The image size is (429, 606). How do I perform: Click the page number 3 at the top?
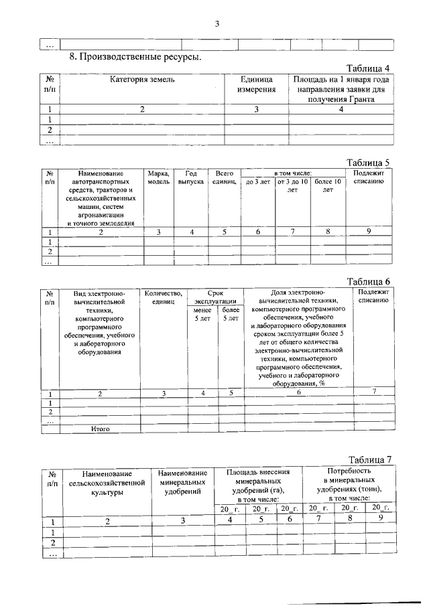click(217, 24)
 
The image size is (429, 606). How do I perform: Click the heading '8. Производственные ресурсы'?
click(135, 58)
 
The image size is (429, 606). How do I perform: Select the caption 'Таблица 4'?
click(367, 68)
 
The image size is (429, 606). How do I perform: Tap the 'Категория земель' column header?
click(142, 80)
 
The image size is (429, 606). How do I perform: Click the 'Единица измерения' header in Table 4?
click(257, 84)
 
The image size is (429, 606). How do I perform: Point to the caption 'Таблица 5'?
click(367, 162)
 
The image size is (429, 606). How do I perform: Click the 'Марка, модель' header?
click(159, 177)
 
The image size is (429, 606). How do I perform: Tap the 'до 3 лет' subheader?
click(258, 181)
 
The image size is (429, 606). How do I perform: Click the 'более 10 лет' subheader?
click(328, 185)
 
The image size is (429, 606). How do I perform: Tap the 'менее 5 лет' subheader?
click(202, 314)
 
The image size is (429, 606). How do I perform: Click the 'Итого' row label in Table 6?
click(100, 429)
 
